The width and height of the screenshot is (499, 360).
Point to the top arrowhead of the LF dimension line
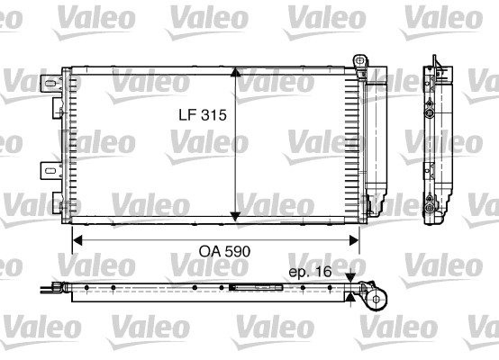(x=234, y=72)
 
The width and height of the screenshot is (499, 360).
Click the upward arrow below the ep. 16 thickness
(x=350, y=296)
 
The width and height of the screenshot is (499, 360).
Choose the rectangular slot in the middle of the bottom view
(x=245, y=288)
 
